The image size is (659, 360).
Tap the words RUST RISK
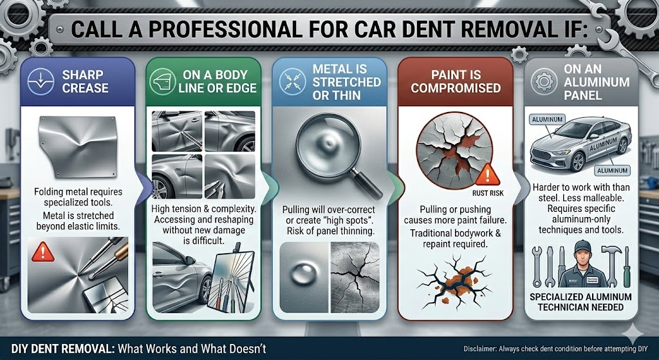[x=488, y=194]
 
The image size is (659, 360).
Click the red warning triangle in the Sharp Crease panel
[x=43, y=252]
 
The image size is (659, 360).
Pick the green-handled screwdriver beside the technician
[x=627, y=267]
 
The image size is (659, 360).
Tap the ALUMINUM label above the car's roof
[x=547, y=120]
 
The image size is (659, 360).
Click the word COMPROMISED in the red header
[x=456, y=88]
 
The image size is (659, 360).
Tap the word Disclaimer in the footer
[x=480, y=349]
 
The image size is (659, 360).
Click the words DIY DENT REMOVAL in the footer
[x=62, y=348]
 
